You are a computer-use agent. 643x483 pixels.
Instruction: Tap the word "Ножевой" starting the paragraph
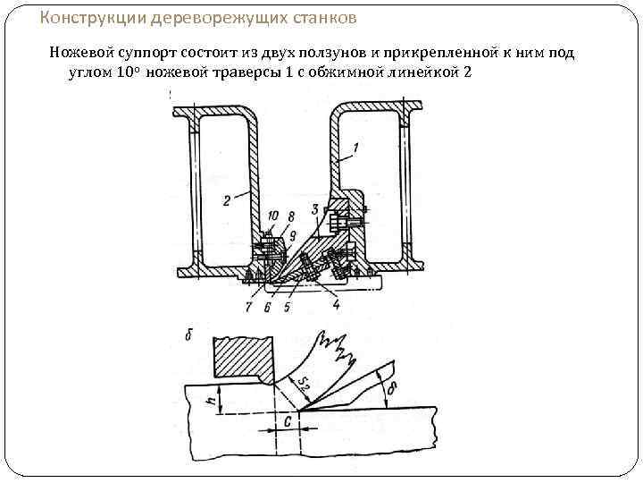[79, 54]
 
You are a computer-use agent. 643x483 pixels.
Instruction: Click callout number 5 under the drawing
[287, 308]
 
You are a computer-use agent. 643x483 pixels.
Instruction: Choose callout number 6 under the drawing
[267, 308]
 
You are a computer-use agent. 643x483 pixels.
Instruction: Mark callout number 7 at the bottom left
[248, 308]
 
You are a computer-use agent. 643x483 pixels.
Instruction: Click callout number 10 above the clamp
[273, 215]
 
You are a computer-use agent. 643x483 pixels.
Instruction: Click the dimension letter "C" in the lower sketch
[288, 420]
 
